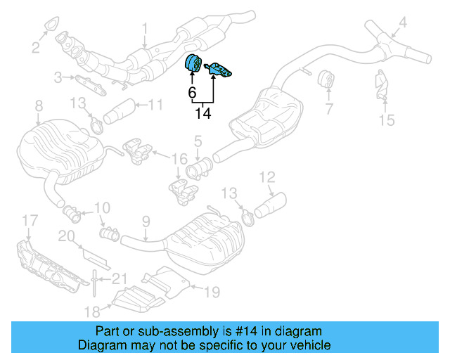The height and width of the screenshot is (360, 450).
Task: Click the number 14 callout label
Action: click(202, 112)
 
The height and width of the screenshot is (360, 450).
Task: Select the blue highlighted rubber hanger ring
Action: click(192, 63)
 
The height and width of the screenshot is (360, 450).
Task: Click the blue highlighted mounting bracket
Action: click(220, 68)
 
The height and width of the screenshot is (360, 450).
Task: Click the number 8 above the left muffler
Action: click(38, 106)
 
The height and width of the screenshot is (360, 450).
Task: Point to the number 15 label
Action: click(386, 120)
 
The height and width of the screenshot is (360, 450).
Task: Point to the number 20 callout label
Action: click(65, 237)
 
